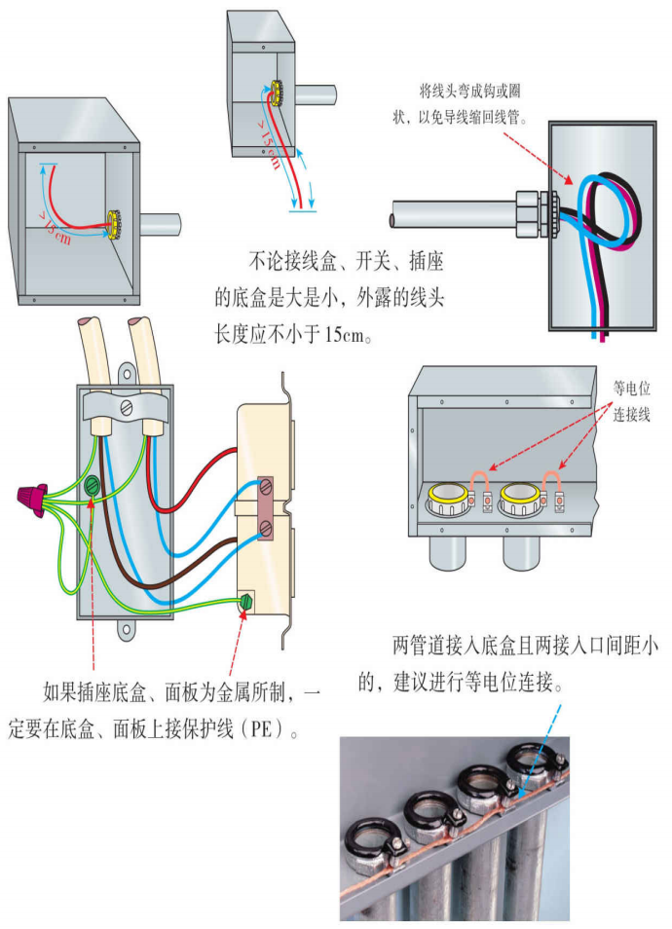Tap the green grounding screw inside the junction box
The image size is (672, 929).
point(93,484)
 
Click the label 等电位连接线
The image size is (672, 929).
point(631,400)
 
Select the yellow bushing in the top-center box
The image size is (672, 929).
point(276,94)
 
